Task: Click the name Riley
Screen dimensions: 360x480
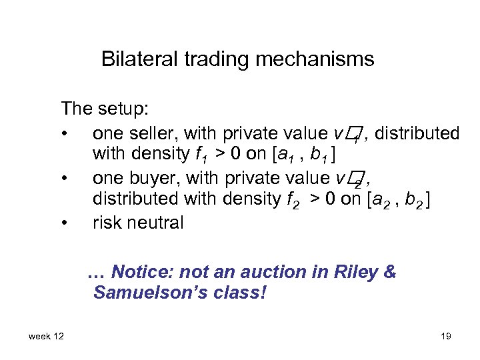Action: pyautogui.click(x=359, y=272)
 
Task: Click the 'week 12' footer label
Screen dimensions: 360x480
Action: pyautogui.click(x=46, y=336)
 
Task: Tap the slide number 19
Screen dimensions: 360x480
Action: pyautogui.click(x=445, y=336)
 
